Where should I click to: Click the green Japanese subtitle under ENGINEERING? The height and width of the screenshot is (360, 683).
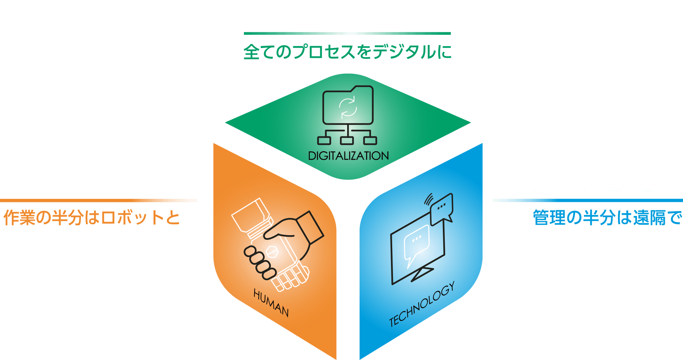(x=347, y=52)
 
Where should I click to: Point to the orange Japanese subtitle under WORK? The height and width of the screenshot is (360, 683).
(x=92, y=218)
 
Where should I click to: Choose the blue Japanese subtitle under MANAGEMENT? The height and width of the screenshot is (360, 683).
(x=607, y=218)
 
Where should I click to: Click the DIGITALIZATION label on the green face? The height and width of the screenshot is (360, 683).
(x=348, y=156)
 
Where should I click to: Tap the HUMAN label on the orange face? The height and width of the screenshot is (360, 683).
(x=271, y=303)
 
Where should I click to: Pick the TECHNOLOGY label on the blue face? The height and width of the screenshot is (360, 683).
(x=422, y=304)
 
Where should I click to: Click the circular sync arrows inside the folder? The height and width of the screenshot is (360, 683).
(x=348, y=107)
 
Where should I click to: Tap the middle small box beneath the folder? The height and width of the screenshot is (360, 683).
(x=347, y=140)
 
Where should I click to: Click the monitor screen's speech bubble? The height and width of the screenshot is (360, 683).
(x=416, y=242)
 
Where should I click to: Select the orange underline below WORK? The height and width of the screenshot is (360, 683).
(x=98, y=200)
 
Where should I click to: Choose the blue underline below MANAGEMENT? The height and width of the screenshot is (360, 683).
(x=588, y=200)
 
